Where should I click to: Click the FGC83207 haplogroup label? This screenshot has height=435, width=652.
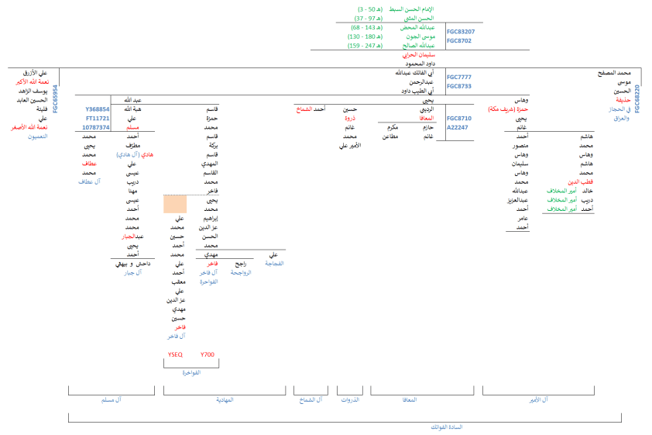459,32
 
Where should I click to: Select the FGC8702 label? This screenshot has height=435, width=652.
459,40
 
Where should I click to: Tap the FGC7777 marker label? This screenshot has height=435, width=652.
459,77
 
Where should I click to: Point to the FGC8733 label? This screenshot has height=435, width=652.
459,86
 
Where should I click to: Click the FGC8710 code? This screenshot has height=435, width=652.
459,118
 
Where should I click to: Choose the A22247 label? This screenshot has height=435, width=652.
457,127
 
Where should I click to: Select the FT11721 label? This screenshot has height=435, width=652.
98,118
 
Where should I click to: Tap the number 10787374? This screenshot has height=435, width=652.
97,127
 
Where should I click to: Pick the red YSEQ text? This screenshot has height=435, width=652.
175,354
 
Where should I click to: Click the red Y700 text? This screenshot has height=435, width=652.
207,354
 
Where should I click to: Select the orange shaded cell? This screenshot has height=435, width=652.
175,204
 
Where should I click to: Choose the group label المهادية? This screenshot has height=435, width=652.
224,399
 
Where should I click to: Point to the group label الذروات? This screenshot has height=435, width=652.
351,399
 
